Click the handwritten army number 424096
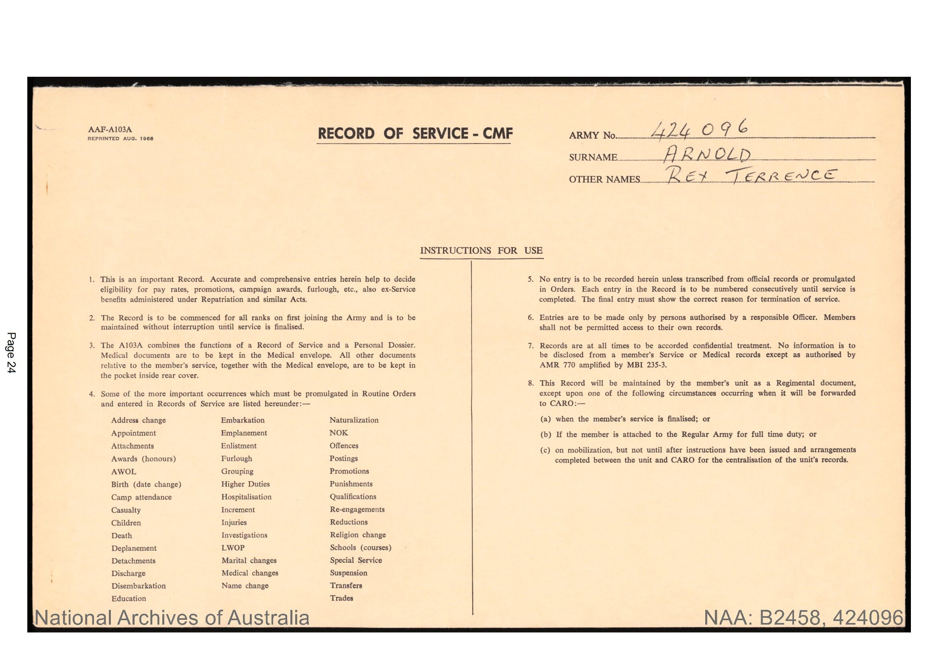point(699,130)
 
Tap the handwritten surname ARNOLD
point(707,155)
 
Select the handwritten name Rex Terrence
point(750,176)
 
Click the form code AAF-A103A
point(110,129)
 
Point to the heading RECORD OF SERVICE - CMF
point(415,134)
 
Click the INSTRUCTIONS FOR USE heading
point(481,250)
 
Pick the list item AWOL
point(124,471)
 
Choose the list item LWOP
point(233,548)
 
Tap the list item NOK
point(339,433)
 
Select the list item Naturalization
point(354,420)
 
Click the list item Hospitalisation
point(246,497)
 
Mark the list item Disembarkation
point(139,586)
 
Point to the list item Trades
point(341,598)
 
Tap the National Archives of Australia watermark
point(172,618)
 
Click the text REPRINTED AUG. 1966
point(120,139)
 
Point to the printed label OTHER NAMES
point(604,179)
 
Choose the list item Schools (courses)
point(360,547)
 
